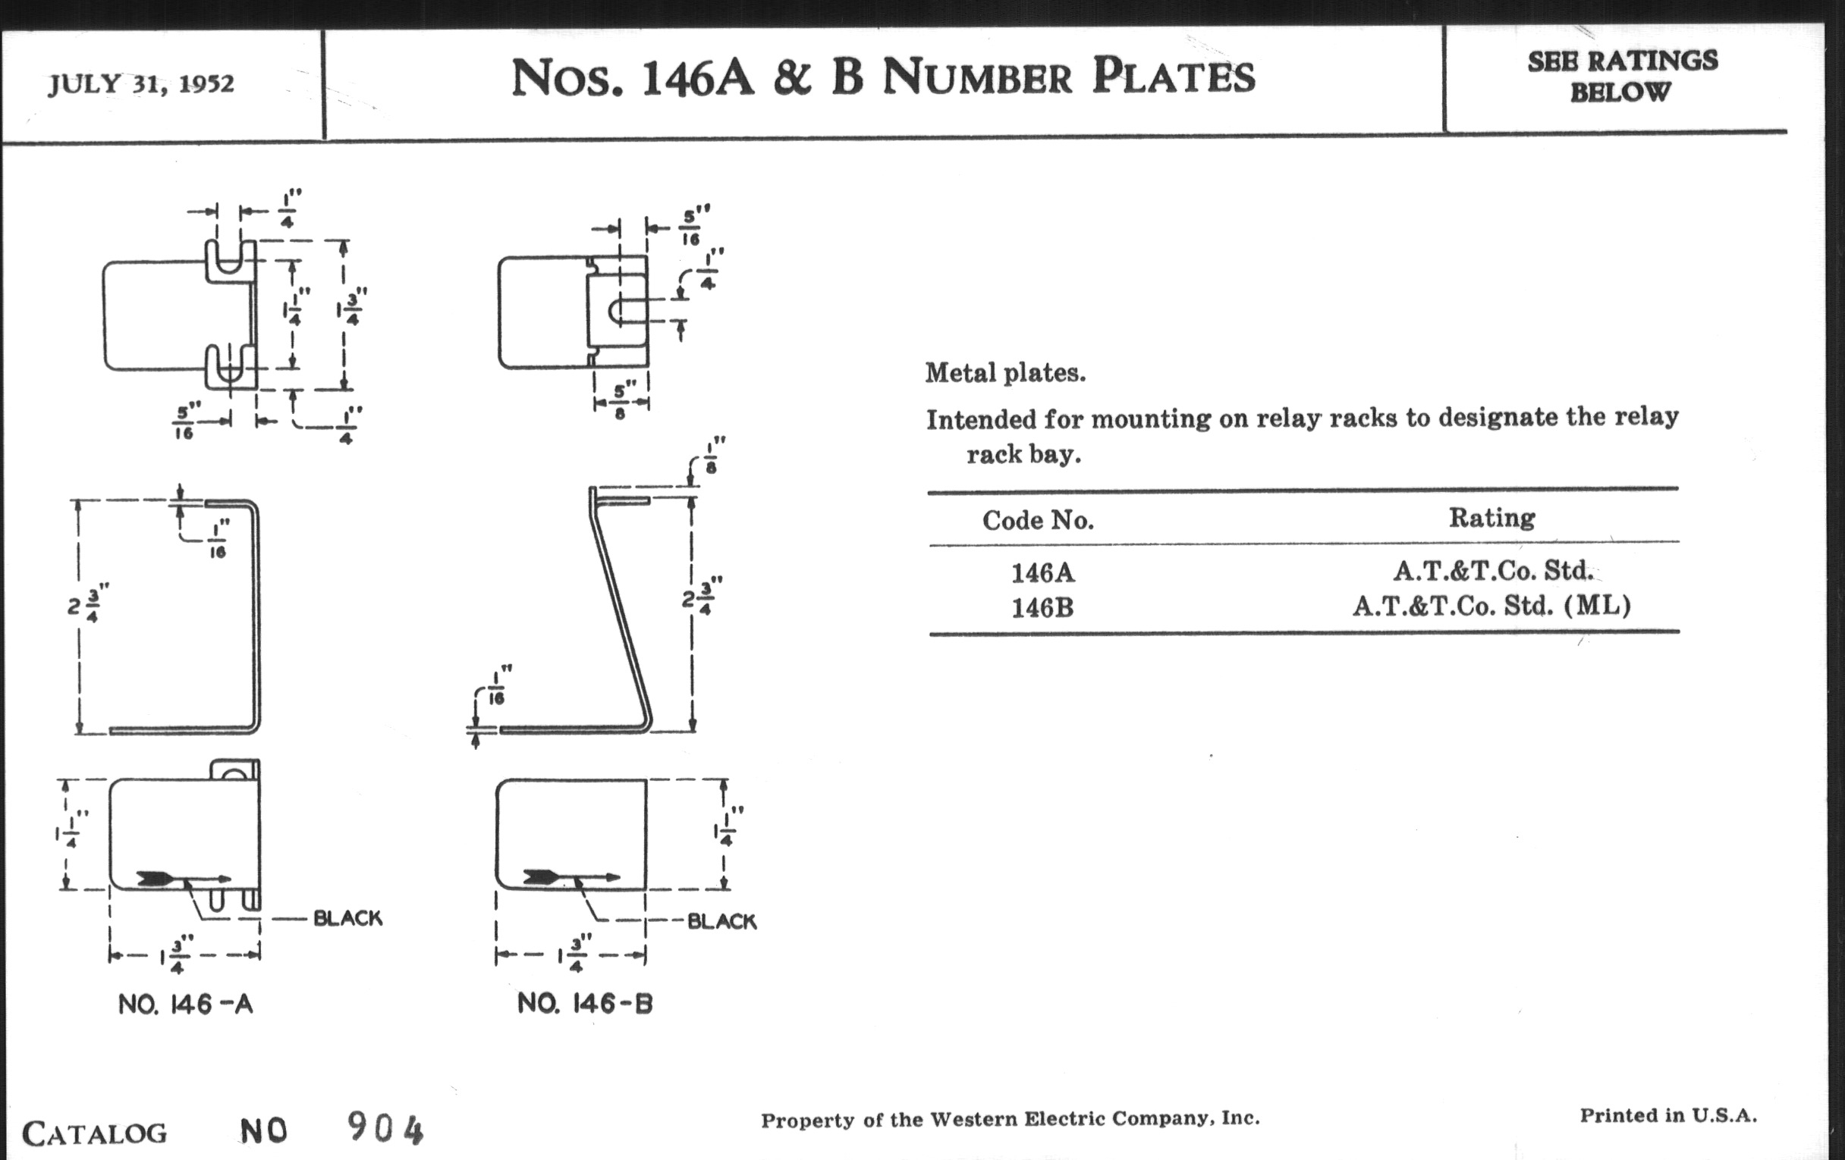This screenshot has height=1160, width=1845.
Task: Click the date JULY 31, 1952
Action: tap(141, 83)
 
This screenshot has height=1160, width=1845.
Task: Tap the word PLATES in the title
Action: tap(1173, 77)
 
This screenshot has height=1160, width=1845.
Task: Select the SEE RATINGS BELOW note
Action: tap(1622, 76)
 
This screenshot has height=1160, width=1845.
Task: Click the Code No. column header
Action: tap(1039, 521)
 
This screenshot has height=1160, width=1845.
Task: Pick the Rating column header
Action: tap(1491, 519)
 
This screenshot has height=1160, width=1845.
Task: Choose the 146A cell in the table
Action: tap(1043, 572)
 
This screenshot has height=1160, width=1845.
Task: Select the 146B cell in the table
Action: tap(1042, 608)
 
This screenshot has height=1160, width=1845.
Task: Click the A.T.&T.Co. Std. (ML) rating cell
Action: tap(1491, 606)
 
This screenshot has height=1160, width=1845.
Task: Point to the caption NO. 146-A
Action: tap(185, 1004)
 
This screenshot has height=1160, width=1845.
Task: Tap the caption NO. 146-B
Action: tap(586, 1003)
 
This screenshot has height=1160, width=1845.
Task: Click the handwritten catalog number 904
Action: tap(385, 1127)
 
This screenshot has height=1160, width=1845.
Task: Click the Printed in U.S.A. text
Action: tap(1668, 1115)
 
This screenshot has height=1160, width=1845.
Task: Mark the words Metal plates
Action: tap(1005, 373)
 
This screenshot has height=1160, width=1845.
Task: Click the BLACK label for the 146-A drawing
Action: tap(348, 918)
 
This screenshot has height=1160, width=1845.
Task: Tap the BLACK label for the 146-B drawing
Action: tap(721, 921)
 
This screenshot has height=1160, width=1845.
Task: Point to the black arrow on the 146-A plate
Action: tap(184, 878)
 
